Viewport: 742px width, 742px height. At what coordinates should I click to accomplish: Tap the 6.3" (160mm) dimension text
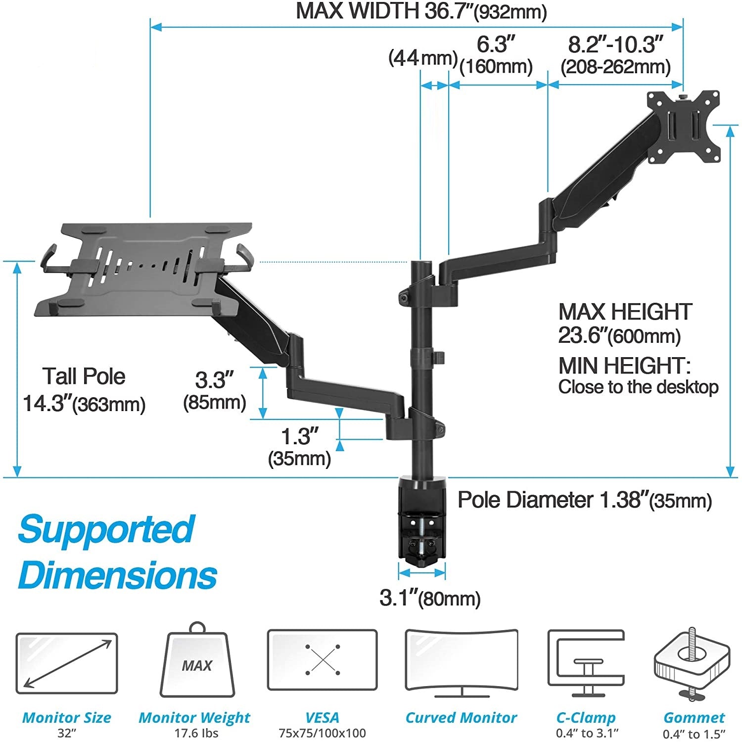(x=496, y=55)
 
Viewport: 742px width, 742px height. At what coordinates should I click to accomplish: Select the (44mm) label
(x=422, y=58)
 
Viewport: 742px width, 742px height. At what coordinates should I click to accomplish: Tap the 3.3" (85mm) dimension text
(x=214, y=391)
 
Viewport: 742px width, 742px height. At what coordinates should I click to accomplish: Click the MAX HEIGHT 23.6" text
(x=624, y=324)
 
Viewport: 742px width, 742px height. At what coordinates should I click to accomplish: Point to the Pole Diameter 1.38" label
(x=584, y=500)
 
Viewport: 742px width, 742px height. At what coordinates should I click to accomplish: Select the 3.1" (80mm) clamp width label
(x=430, y=598)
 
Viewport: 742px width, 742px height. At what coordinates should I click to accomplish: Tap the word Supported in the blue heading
(x=106, y=529)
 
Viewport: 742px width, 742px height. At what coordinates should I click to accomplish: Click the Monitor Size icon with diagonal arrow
(x=67, y=663)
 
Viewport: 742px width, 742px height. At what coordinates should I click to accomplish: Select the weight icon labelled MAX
(x=197, y=663)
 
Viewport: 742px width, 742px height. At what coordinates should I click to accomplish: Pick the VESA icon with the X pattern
(x=322, y=660)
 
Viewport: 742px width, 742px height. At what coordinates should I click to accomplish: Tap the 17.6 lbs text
(x=196, y=733)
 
